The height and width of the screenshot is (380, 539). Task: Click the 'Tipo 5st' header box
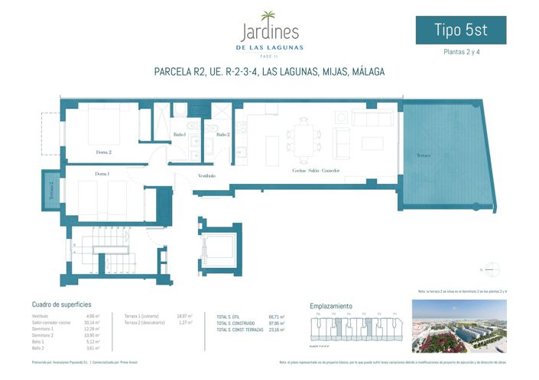coord(460,31)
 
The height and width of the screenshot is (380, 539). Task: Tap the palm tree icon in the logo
coord(269,17)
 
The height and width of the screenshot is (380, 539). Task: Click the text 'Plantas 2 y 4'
coord(460,53)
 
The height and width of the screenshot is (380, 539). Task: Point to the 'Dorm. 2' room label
coord(104,153)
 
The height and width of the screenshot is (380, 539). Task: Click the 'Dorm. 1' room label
coord(102,175)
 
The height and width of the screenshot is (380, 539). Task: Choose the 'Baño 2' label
coord(222,134)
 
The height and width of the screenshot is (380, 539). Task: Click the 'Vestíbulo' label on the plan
coord(206,176)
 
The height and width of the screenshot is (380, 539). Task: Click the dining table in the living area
coord(304,134)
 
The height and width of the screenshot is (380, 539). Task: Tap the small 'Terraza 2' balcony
coord(51,189)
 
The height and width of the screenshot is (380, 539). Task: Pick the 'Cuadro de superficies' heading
coord(62,304)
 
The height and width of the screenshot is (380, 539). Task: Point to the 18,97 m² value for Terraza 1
coord(184,316)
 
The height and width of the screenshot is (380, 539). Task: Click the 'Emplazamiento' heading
coord(331,305)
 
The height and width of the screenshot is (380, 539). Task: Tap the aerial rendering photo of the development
coord(459,326)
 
